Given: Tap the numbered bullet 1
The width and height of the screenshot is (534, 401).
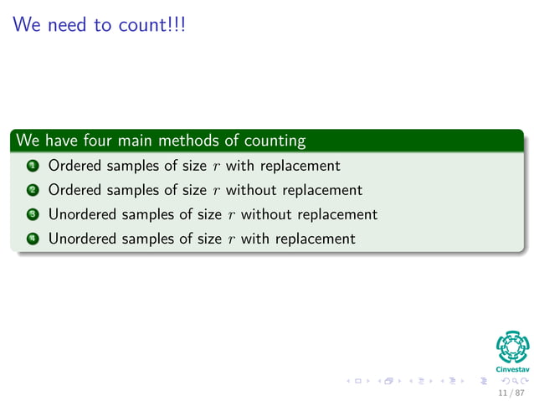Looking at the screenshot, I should (31, 166).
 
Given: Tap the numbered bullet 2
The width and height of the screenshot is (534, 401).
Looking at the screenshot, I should (31, 190).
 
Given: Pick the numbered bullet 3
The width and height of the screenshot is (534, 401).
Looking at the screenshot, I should (31, 214).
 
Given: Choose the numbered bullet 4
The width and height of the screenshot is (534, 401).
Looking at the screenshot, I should (31, 239).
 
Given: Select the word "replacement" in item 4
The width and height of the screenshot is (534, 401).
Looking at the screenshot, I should (314, 238).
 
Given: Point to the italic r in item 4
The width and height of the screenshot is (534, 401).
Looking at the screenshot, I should (231, 239).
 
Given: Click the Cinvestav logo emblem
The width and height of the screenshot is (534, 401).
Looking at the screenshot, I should (513, 347).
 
